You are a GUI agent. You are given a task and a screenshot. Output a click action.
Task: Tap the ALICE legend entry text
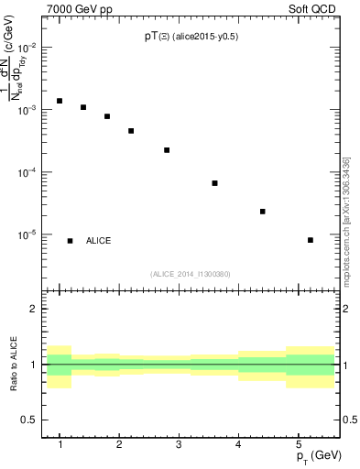pos(99,241)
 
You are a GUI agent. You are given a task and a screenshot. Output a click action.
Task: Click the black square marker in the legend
pos(71,241)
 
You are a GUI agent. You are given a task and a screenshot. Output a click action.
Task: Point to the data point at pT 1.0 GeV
pos(60,101)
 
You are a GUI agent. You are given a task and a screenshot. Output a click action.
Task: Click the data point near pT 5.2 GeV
pos(311,240)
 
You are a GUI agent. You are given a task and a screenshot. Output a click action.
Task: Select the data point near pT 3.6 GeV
pos(214,183)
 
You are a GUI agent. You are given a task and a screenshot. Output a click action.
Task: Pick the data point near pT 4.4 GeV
pos(263,212)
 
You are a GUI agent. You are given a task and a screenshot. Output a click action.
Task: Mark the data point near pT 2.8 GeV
pos(167,150)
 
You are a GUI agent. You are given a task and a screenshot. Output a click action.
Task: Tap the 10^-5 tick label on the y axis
pos(32,234)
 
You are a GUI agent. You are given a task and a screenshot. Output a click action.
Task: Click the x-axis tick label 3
pos(178,444)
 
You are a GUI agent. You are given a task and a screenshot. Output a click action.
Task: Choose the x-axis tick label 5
pos(298,444)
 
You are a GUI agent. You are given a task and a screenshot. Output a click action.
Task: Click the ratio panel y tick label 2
pos(34,310)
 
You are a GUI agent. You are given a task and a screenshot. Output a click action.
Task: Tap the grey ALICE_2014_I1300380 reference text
pos(190,274)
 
